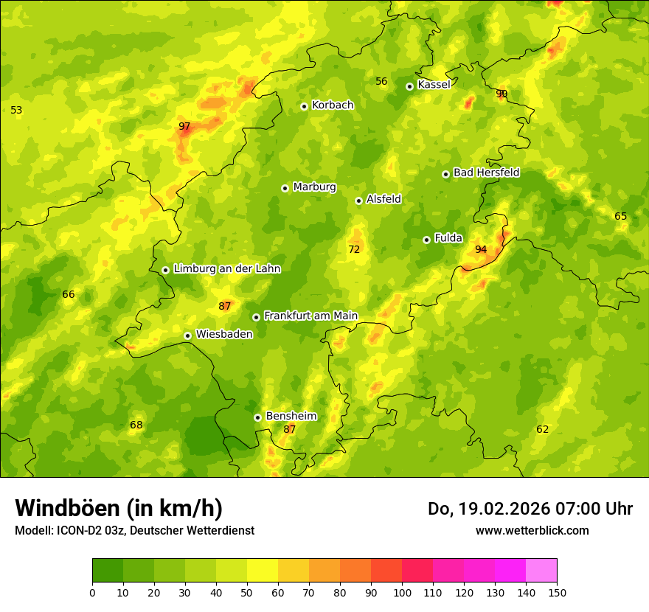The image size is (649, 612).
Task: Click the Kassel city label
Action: [434, 85]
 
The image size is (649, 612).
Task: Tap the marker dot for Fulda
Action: [426, 240]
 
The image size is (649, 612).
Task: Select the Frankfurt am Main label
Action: [310, 316]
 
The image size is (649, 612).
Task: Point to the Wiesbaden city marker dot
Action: [188, 335]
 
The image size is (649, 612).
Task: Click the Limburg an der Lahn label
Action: [226, 269]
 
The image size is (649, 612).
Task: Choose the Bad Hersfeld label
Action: [486, 173]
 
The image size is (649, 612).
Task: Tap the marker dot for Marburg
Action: [285, 188]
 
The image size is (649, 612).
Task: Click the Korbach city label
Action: [333, 105]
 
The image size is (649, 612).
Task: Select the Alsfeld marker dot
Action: [358, 201]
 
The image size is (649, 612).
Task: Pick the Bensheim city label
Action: [291, 416]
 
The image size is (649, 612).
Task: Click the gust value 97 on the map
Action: [184, 127]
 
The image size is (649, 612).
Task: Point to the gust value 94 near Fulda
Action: [481, 250]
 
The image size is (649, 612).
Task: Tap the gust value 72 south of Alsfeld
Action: [354, 250]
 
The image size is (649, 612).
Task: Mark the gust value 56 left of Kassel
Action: [381, 82]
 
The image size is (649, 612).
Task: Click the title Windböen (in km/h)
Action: [119, 508]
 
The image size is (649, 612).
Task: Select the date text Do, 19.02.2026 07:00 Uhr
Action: [530, 509]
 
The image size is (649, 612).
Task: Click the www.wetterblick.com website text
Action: [532, 531]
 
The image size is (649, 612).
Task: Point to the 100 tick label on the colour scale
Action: [402, 593]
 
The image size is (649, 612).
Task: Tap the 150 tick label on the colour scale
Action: [557, 593]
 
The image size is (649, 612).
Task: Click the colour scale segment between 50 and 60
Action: [263, 571]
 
